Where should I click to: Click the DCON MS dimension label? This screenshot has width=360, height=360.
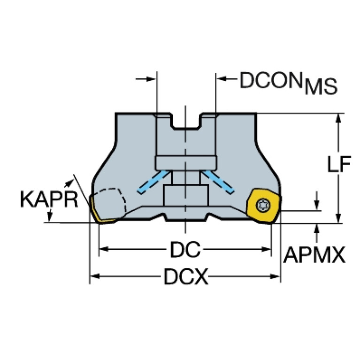[x=288, y=83]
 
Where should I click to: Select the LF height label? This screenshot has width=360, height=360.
[x=339, y=164]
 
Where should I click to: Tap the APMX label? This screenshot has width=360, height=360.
[x=314, y=254]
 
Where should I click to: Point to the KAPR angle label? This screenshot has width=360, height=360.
[x=49, y=199]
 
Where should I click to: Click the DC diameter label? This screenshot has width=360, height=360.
[x=185, y=249]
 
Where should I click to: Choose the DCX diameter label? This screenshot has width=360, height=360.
[x=185, y=276]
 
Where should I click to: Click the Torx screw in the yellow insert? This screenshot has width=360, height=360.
[x=263, y=205]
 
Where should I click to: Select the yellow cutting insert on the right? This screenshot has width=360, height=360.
[x=264, y=206]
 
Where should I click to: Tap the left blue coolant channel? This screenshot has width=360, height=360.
[x=153, y=182]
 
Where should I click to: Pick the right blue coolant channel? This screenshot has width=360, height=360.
[x=218, y=182]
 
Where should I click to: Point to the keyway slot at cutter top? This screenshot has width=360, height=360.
[x=186, y=121]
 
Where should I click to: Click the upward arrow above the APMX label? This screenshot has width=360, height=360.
[x=317, y=232]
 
